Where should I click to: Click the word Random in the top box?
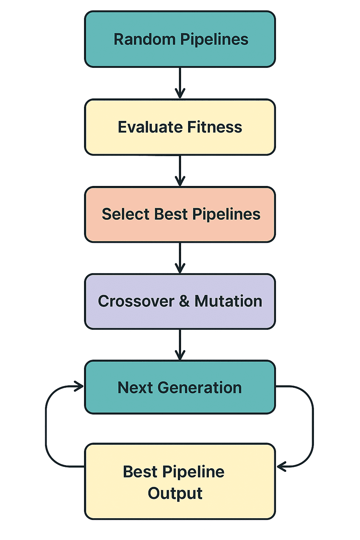tap(144, 39)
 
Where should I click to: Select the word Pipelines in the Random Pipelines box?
tap(214, 39)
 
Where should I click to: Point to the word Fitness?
tap(214, 127)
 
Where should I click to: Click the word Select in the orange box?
tap(126, 214)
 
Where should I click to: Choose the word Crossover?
tap(136, 301)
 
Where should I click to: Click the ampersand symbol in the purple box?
tap(184, 301)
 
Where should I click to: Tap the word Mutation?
tap(228, 301)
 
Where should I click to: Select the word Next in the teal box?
tap(135, 388)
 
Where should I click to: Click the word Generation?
tap(200, 388)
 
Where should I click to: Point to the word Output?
tap(175, 493)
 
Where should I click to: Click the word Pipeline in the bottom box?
tap(193, 472)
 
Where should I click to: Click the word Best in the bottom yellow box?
tap(140, 472)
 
